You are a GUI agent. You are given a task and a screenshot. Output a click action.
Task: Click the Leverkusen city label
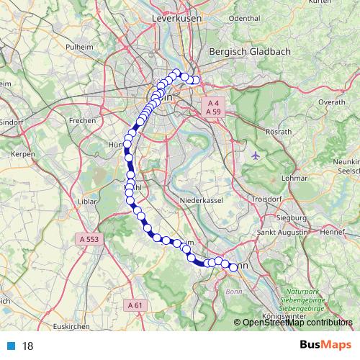tap(175, 17)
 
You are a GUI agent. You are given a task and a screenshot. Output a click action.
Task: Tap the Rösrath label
tap(278, 132)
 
